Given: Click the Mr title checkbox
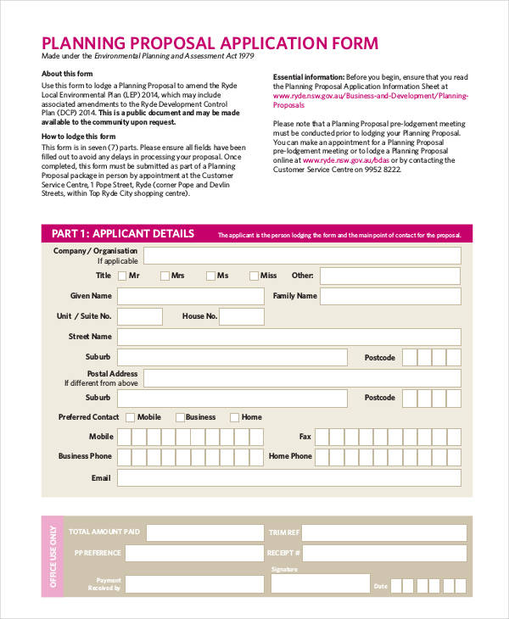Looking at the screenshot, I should (x=122, y=276).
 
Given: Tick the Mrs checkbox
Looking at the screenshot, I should (x=165, y=276).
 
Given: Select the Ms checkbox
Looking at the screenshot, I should (x=210, y=276).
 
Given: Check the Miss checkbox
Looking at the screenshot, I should (x=254, y=276).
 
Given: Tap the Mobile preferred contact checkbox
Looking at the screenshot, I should (x=130, y=417).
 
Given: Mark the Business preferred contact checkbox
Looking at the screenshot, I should (x=180, y=417).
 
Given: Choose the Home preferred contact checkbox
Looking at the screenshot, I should (x=235, y=417).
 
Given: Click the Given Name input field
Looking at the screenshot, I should (x=190, y=296).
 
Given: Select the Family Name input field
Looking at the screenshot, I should (x=391, y=296).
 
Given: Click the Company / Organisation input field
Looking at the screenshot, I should (x=302, y=255).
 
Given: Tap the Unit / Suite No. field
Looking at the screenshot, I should (x=140, y=316).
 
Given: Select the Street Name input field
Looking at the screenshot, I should (x=288, y=337).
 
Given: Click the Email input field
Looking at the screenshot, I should (x=288, y=478).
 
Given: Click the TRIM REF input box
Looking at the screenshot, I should (x=384, y=533).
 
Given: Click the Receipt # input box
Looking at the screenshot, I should (x=384, y=554).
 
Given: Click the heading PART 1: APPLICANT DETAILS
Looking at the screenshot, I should (x=123, y=234).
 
